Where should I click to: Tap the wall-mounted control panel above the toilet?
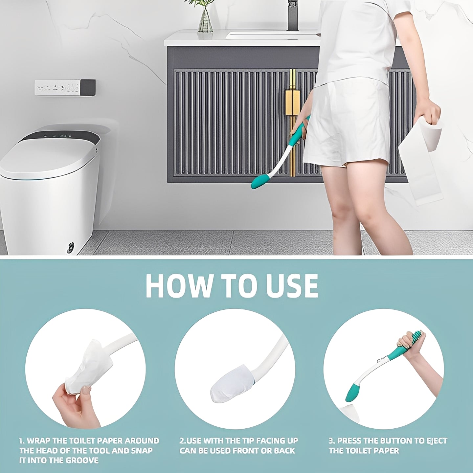[65, 88]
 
